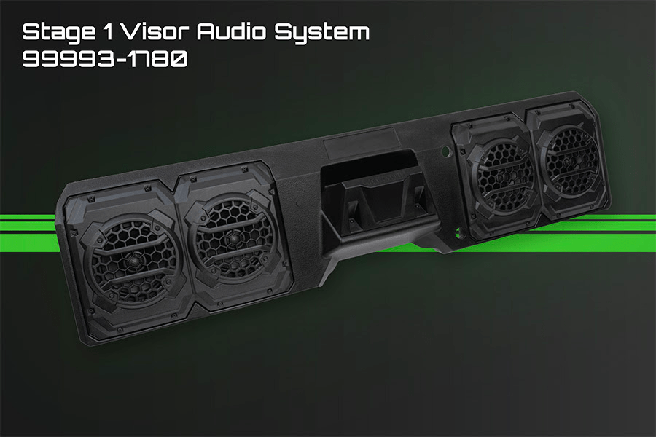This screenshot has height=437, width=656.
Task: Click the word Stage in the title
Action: [58, 33]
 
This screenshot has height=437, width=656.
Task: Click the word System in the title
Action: [321, 33]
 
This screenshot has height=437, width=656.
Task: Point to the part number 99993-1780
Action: [105, 60]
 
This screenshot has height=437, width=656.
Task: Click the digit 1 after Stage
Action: [108, 32]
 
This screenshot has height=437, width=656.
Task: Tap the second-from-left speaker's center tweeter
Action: [233, 238]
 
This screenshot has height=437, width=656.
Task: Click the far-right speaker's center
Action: [571, 161]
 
